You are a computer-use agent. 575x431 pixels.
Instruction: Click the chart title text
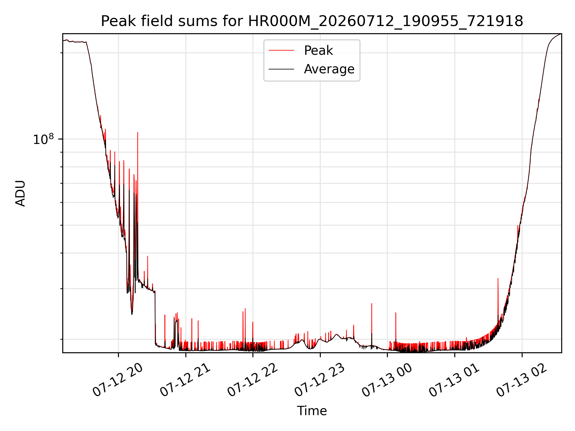[312, 21]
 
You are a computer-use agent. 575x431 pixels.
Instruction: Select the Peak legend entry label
[318, 51]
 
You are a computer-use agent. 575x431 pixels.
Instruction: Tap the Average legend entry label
[329, 69]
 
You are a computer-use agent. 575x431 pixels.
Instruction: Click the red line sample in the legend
[281, 51]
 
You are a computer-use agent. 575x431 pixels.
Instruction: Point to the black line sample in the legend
[281, 69]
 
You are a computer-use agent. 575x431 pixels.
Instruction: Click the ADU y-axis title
[20, 193]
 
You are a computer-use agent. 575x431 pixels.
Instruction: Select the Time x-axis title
[312, 411]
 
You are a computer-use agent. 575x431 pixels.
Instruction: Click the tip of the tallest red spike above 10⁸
[137, 132]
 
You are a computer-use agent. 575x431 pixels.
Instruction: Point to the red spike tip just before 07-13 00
[372, 303]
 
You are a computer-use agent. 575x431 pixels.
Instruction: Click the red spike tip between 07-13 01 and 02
[498, 278]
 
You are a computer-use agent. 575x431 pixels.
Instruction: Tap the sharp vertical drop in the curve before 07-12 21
[155, 317]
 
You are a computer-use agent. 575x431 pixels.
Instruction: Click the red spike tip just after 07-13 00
[396, 313]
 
